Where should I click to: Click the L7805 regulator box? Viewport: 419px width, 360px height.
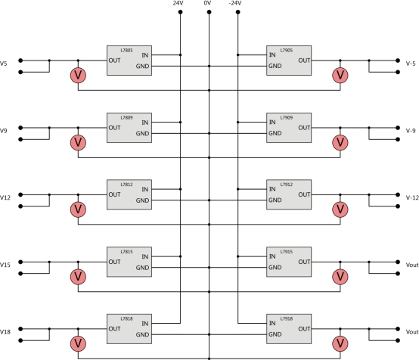coord(129,61)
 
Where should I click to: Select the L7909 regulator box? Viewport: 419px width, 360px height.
coord(289,128)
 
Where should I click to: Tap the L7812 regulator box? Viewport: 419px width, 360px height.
coord(129,194)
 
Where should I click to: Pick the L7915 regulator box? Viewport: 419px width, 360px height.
coord(289,262)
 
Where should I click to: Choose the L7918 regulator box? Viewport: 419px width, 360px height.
coord(289,329)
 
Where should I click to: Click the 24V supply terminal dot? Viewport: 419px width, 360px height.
coord(180,12)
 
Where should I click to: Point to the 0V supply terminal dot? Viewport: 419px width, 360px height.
coord(209,12)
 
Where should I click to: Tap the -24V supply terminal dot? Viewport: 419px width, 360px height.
coord(238,12)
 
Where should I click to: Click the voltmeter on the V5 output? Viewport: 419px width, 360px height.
coord(78,76)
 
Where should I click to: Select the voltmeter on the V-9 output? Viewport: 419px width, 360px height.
coord(340,142)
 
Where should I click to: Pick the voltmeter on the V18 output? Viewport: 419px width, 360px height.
coord(78,343)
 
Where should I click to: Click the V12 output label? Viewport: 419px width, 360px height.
coord(5,197)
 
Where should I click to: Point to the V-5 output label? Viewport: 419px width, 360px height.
coord(411,64)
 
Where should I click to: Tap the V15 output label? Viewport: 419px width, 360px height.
coord(5,265)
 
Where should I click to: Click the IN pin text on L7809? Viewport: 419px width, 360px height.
coord(144,123)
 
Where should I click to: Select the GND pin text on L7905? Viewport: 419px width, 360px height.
coord(275,66)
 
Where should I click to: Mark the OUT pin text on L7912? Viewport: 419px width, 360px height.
coord(304,194)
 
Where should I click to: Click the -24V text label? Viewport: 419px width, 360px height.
coord(235,3)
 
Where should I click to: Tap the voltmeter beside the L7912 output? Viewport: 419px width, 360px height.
coord(340,209)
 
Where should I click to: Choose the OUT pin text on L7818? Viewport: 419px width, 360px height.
coord(114,329)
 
